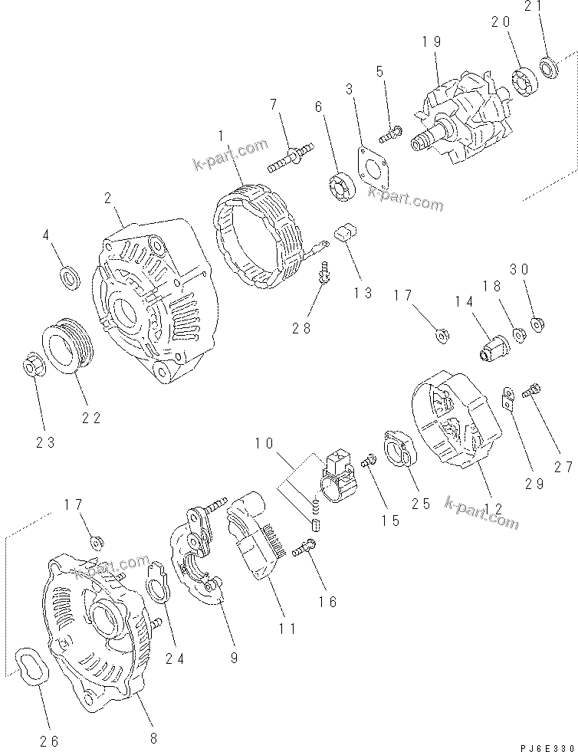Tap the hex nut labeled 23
pyautogui.click(x=31, y=366)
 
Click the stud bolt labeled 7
pyautogui.click(x=290, y=160)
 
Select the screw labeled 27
pyautogui.click(x=530, y=392)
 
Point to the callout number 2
pyautogui.click(x=109, y=199)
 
